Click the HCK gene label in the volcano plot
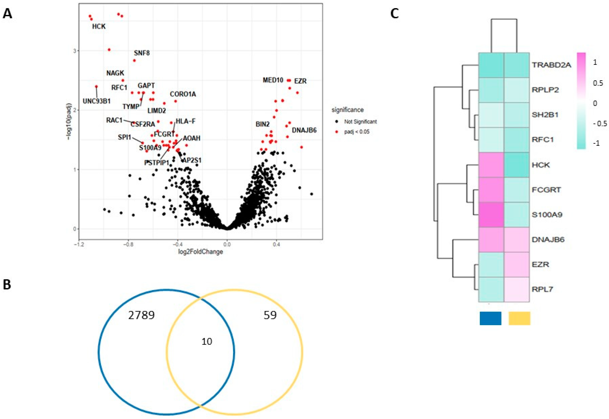tap(99, 26)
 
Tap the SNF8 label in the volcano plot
tap(142, 53)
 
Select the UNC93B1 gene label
tap(97, 101)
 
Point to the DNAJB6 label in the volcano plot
tap(304, 130)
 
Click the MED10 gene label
tap(273, 80)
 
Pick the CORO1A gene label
tap(183, 94)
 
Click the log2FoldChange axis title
tap(200, 252)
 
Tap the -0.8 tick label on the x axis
tap(128, 245)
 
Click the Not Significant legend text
tap(360, 122)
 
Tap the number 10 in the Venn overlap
tap(207, 342)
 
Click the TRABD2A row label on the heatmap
tap(551, 65)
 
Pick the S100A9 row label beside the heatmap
tap(547, 215)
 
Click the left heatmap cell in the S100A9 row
tap(491, 215)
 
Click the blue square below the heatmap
tap(490, 318)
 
